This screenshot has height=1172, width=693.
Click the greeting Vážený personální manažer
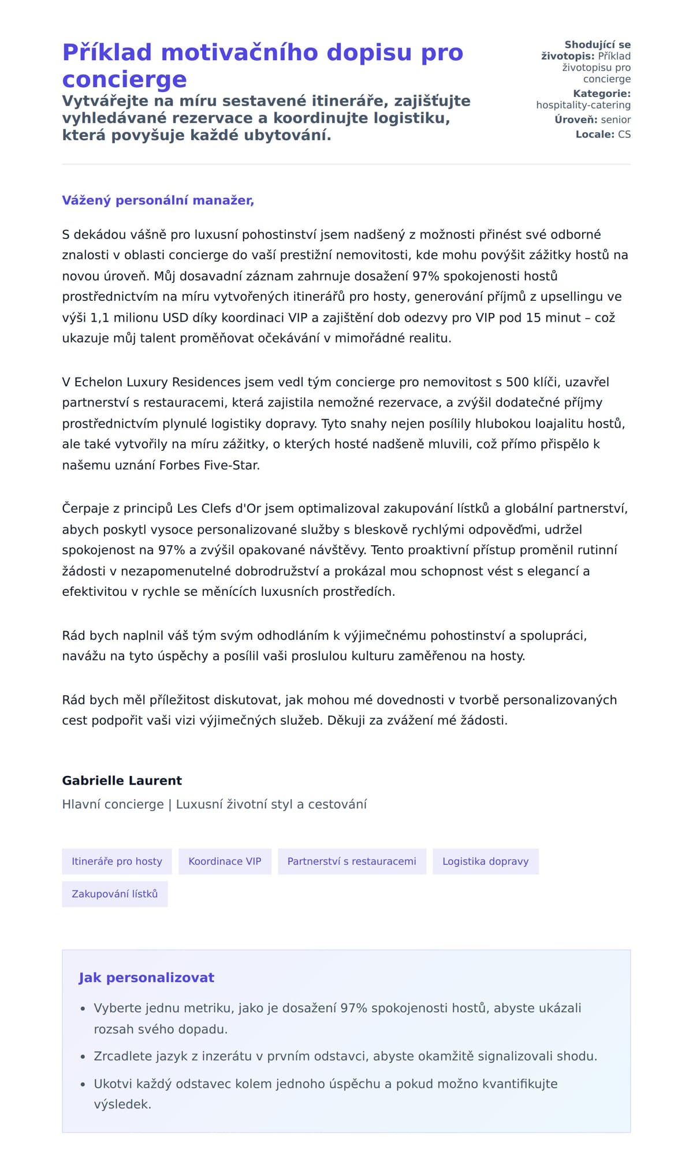coord(158,200)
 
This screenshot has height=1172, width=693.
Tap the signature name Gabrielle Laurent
coord(122,781)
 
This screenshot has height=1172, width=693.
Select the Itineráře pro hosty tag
coord(117,861)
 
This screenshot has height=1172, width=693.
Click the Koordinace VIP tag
coord(225,861)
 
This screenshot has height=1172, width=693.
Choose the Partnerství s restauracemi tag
coord(352,861)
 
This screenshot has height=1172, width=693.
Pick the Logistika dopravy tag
coord(485,861)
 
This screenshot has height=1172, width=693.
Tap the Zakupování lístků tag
coord(114,894)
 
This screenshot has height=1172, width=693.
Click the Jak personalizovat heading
coord(146,977)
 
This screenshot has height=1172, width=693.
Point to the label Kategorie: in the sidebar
coord(602,94)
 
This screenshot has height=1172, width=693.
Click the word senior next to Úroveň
coord(616,120)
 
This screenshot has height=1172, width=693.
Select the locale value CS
coord(624,135)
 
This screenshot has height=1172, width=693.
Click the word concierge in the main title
coord(124,79)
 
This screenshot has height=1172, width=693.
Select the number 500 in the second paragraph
coord(517,382)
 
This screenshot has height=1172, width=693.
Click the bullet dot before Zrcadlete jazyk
coord(83,1057)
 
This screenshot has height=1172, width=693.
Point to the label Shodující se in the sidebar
coord(597,44)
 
